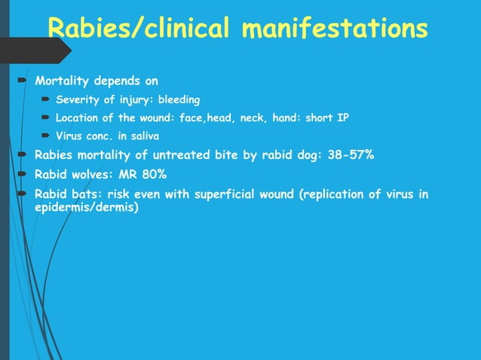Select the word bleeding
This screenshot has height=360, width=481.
pyautogui.click(x=179, y=99)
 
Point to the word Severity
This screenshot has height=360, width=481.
pyautogui.click(x=79, y=99)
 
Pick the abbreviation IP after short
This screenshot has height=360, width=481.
pyautogui.click(x=342, y=117)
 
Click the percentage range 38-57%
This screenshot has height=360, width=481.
pyautogui.click(x=348, y=156)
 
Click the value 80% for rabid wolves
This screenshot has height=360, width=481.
pyautogui.click(x=152, y=175)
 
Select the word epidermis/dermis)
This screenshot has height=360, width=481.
pyautogui.click(x=87, y=206)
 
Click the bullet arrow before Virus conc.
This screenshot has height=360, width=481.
pyautogui.click(x=46, y=136)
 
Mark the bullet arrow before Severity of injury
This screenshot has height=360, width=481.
pyautogui.click(x=46, y=99)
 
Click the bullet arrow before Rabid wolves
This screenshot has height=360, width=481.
pyautogui.click(x=23, y=174)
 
